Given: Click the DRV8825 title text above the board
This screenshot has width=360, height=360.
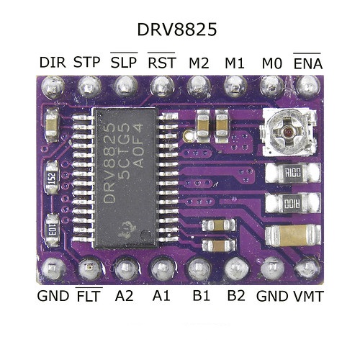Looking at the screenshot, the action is (177, 30).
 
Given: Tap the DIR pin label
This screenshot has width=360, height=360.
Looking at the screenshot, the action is (53, 63).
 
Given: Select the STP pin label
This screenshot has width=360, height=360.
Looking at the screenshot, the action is (86, 63).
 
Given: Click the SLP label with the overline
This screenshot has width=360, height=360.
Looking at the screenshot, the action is (124, 60).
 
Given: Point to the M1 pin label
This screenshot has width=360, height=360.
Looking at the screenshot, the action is (235, 63).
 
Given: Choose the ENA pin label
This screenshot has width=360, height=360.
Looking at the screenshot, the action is (308, 61).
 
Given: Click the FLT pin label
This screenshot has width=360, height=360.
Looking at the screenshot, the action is (89, 294).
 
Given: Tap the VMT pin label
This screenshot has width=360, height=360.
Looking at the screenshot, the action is (309, 297).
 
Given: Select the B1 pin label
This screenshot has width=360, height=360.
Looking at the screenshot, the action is (201, 296).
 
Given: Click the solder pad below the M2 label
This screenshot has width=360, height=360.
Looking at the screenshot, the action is (199, 86).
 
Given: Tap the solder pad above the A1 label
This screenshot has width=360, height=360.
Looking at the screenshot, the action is (162, 269).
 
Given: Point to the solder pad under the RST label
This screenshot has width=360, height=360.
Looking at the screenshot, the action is (162, 86).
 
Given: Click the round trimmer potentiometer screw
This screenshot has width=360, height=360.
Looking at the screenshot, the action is (288, 132).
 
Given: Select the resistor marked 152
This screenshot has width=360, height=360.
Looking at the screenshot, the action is (53, 178).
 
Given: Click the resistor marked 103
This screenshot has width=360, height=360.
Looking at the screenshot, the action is (53, 230).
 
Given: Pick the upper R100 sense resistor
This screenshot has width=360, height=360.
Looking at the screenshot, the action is (293, 173).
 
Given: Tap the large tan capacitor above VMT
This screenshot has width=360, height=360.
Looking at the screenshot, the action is (292, 235).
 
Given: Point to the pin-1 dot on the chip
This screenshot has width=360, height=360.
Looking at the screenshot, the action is (145, 235).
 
